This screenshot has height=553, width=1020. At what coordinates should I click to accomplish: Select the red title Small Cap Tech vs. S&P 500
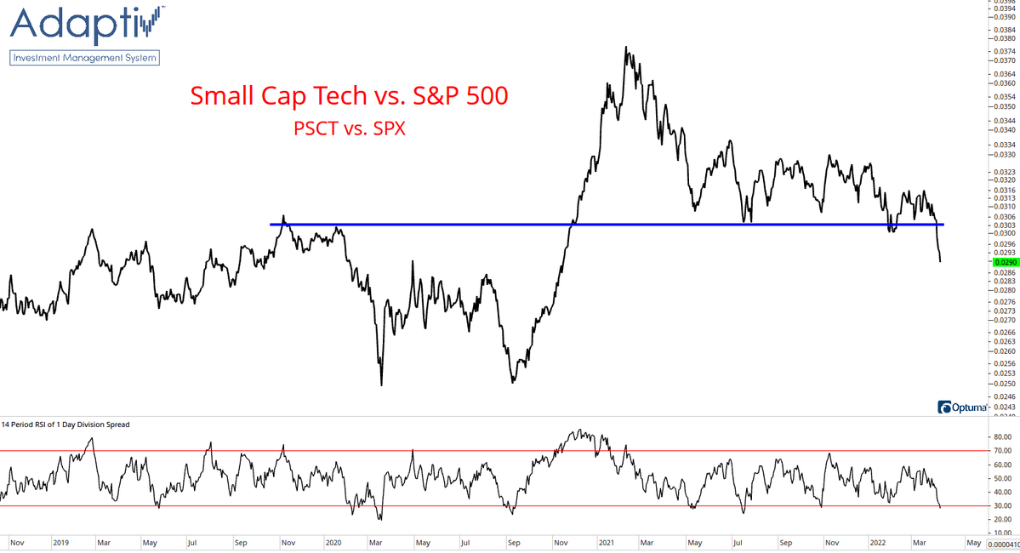(x=349, y=96)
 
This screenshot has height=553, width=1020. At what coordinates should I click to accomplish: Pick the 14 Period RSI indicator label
(x=66, y=424)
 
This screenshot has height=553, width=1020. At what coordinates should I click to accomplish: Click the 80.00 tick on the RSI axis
(x=1002, y=437)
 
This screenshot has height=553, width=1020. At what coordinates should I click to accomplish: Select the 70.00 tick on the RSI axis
(x=1002, y=451)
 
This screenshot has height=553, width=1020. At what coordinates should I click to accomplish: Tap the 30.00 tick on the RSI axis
(x=1002, y=505)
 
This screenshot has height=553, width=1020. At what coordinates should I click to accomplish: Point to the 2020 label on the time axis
(x=332, y=540)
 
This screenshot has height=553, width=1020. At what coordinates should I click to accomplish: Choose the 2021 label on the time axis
(x=607, y=540)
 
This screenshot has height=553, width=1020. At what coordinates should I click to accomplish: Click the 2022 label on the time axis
(x=880, y=540)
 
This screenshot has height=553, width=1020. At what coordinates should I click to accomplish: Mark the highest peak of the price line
(x=626, y=47)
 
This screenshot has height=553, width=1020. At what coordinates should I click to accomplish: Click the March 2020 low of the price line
(x=381, y=385)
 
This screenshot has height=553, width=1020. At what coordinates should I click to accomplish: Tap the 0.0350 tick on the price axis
(x=1004, y=107)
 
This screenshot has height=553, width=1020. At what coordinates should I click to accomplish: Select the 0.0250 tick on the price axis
(x=1004, y=384)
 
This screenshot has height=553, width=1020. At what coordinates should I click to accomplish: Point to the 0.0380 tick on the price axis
(x=1004, y=39)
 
